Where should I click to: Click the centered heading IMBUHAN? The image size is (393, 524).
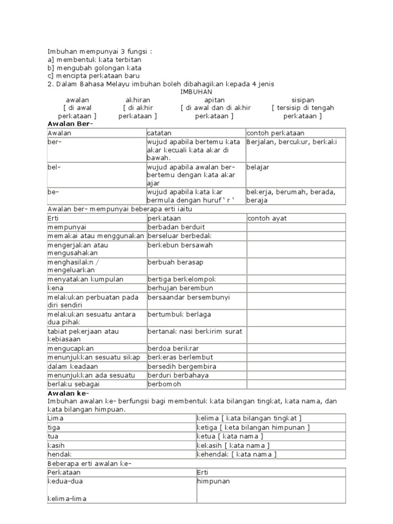tap(196, 92)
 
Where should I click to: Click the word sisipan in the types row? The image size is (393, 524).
tap(302, 100)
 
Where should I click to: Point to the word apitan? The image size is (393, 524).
tap(214, 100)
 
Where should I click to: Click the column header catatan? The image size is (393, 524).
tap(160, 133)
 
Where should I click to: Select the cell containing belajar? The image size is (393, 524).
tap(258, 167)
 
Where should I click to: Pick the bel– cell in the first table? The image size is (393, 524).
tap(54, 167)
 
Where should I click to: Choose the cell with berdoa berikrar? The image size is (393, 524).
tap(172, 348)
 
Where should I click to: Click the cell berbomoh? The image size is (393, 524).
tap(163, 384)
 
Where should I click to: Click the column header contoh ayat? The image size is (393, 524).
tap(267, 219)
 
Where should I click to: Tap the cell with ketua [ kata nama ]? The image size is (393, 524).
tap(230, 436)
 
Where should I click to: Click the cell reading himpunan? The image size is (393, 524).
tap(213, 482)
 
